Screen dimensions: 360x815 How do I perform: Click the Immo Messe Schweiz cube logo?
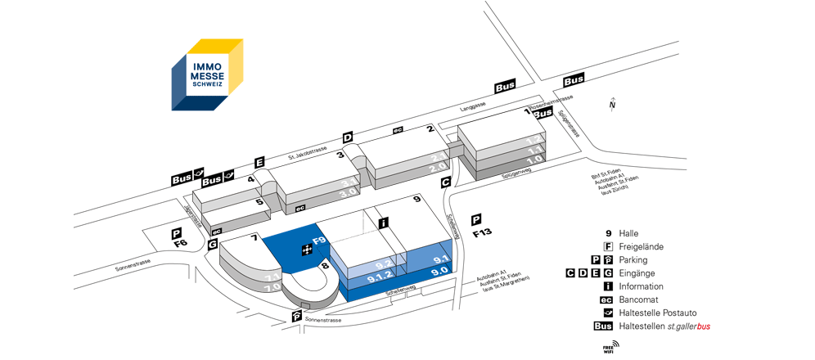coord(207,74)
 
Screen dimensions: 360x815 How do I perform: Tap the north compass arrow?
coord(611,104)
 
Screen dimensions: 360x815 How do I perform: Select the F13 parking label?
coord(483,233)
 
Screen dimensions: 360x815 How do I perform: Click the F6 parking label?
coord(180,243)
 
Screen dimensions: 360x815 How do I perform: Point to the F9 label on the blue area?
coord(319,241)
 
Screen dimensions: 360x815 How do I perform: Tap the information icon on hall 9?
coord(383,222)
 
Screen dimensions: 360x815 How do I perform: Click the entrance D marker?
coord(347,137)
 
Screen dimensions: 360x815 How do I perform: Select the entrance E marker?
coord(260,162)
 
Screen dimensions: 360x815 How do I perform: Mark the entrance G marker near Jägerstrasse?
coord(213,244)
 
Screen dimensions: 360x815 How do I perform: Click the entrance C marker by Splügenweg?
coord(446,182)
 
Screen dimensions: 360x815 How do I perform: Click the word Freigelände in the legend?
coord(641,246)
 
